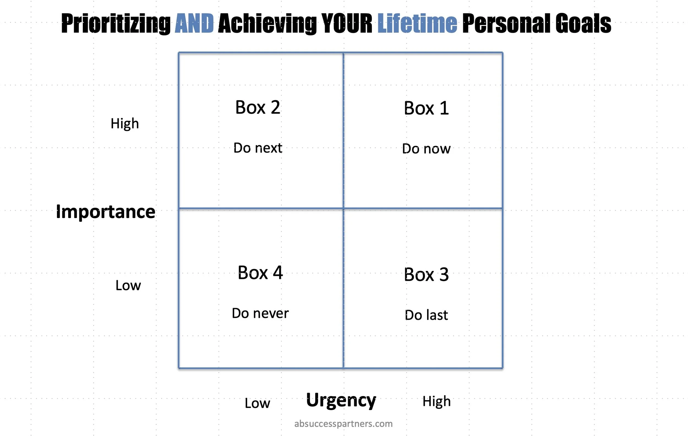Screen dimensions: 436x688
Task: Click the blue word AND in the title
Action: (194, 23)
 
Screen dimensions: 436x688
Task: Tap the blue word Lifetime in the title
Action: (417, 23)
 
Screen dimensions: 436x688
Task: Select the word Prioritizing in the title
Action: (116, 23)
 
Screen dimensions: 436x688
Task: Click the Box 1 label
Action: (426, 108)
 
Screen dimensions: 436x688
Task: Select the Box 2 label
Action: (257, 107)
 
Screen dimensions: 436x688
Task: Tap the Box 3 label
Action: (426, 275)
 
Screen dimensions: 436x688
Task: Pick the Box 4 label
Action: (260, 273)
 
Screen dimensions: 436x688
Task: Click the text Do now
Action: (426, 149)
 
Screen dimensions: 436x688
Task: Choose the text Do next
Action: (257, 148)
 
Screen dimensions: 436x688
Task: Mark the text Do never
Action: (260, 313)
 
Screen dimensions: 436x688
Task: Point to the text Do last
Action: (426, 315)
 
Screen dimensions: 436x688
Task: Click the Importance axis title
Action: (105, 212)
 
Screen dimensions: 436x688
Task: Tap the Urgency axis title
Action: (341, 400)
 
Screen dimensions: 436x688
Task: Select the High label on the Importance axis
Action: (125, 123)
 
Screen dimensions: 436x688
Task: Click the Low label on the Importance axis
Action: (128, 285)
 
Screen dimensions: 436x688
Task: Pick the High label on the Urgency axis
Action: (436, 401)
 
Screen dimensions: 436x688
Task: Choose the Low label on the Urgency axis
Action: (257, 403)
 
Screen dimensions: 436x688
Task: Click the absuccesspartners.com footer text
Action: (343, 424)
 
